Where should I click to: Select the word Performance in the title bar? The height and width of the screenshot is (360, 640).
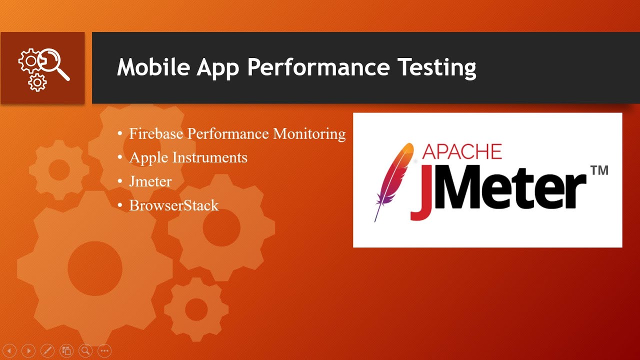[x=318, y=67]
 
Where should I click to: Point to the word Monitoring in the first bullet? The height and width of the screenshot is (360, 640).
[x=309, y=134]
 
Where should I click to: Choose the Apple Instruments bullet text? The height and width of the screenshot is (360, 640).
[x=188, y=157]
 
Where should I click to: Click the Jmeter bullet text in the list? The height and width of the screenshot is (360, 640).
[x=150, y=181]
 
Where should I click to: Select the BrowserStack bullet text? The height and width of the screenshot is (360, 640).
[x=173, y=205]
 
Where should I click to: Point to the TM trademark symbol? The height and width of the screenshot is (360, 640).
[x=599, y=170]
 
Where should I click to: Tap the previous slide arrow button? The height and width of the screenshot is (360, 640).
[x=9, y=351]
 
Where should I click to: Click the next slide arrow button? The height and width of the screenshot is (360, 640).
[x=28, y=351]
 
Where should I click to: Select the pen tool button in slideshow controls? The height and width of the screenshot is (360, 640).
[x=47, y=351]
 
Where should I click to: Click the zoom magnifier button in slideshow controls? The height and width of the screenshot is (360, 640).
[x=85, y=351]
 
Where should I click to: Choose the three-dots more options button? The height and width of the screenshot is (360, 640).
[x=104, y=351]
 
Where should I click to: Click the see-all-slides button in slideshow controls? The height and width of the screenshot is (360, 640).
[x=66, y=351]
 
